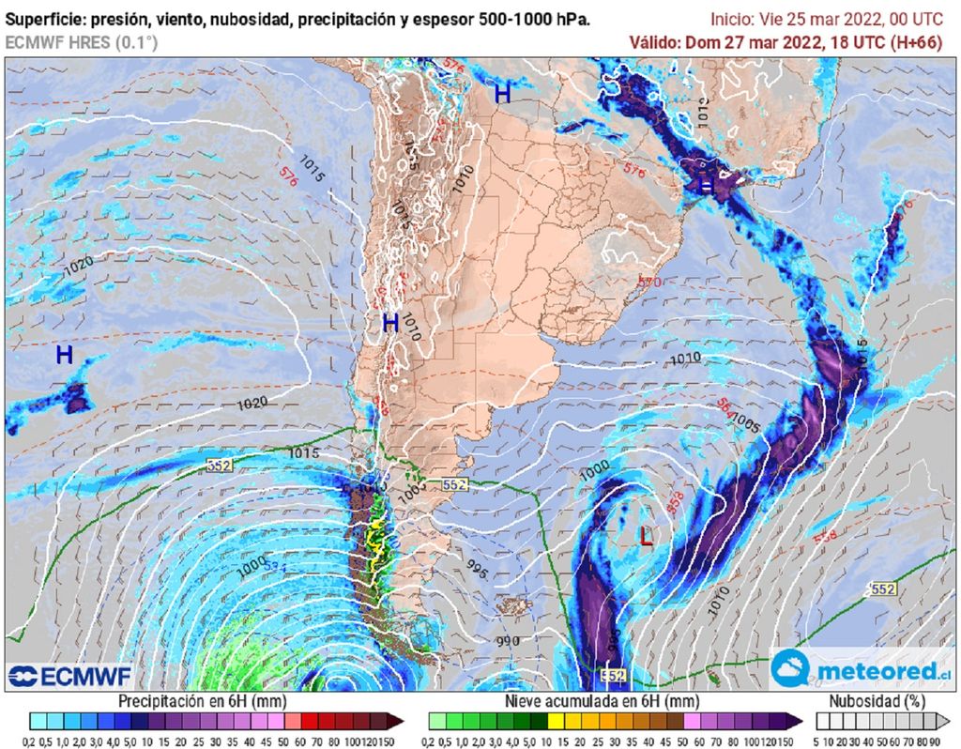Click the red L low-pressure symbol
point(646,537)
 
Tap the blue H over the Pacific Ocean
point(64,355)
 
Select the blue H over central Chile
point(390,323)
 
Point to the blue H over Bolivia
point(503,93)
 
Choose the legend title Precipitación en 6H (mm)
point(202,701)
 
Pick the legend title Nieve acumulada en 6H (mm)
point(602,701)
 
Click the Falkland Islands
point(512,605)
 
